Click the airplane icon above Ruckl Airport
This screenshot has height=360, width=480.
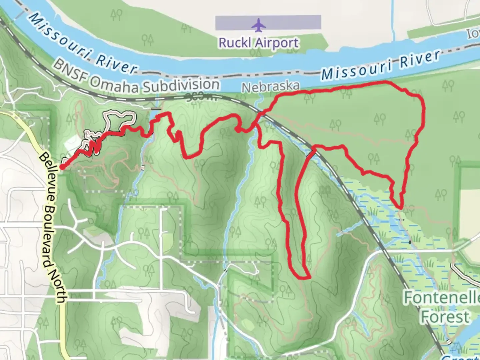257,25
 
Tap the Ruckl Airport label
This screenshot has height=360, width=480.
258,43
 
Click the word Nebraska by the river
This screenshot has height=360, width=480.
270,87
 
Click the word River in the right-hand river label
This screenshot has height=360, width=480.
420,61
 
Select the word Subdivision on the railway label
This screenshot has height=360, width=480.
181,85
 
